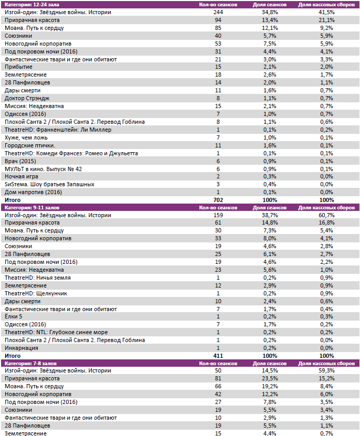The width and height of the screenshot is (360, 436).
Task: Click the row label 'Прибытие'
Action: pos(18,67)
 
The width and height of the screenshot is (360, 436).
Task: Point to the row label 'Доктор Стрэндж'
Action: pos(27,98)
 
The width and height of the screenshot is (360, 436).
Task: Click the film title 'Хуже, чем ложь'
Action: pos(27,137)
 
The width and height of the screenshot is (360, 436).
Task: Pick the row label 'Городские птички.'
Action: pos(29,145)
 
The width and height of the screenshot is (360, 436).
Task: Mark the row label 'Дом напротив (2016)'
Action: pos(33,192)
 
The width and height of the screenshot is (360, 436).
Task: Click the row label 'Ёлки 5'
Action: pos(13,316)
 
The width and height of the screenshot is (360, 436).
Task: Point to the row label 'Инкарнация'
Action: pos(21,347)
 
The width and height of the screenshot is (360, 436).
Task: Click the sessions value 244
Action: pos(218,12)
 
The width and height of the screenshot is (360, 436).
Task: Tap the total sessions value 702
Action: pos(218,200)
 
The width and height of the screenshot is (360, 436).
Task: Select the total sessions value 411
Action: pos(218,356)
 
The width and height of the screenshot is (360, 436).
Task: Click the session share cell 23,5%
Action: pos(269,378)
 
